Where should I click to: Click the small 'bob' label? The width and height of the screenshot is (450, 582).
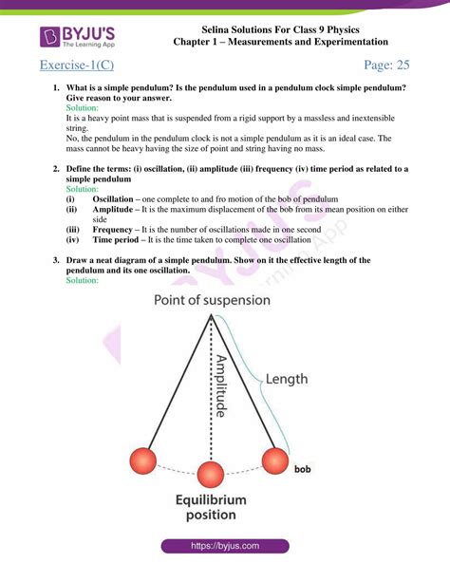pos(302,469)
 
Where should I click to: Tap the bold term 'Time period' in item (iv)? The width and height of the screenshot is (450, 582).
pos(118,240)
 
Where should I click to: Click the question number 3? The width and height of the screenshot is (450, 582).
pos(57,259)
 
